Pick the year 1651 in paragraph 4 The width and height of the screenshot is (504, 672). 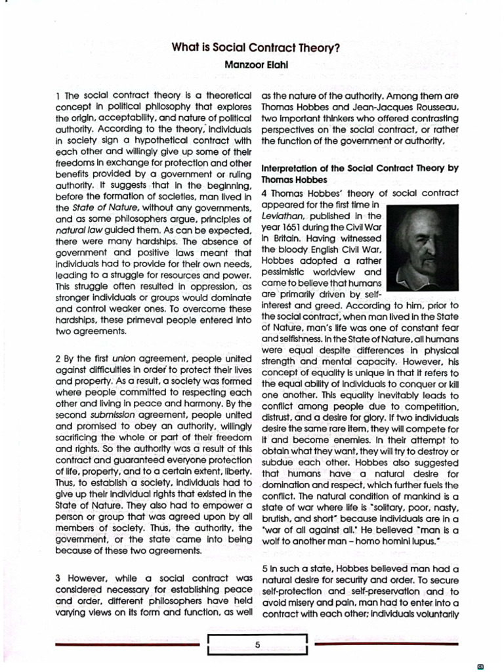pos(286,226)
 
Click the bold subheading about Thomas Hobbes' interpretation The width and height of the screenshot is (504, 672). pos(360,173)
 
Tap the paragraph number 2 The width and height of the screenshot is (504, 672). pos(58,359)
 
